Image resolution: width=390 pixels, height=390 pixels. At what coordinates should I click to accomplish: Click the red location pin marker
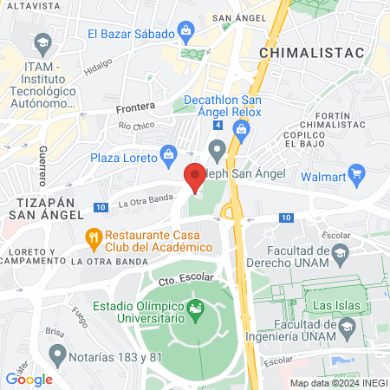coord(195,178)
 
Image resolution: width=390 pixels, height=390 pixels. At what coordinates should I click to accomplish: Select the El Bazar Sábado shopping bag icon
coord(185,35)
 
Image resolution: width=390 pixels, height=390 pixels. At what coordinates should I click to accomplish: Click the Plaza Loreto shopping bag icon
coord(170,158)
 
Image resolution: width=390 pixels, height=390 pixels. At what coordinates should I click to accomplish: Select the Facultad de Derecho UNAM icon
coord(341,252)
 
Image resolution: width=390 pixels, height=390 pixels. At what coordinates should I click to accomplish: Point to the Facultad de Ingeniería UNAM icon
coord(348,327)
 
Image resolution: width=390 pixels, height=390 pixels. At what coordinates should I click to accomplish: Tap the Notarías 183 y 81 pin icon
coord(58,354)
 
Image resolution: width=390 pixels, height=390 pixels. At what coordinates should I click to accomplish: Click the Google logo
coord(29,379)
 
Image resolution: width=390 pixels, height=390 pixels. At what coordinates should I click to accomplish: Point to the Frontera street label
coord(135,107)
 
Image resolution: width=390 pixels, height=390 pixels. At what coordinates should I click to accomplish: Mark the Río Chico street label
coord(136,127)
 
